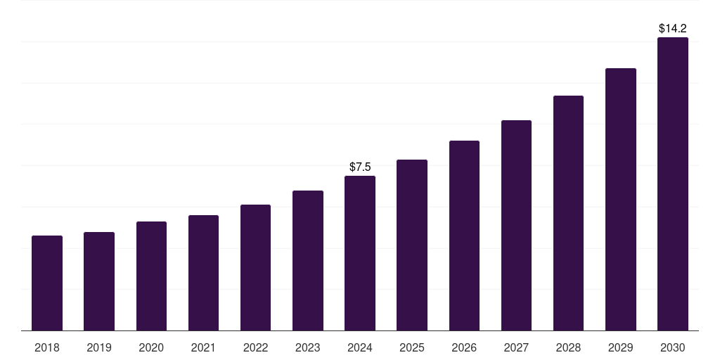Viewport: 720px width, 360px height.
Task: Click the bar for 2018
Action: click(x=47, y=283)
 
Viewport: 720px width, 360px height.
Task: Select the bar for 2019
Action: click(x=99, y=281)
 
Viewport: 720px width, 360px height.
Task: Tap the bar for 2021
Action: click(x=203, y=273)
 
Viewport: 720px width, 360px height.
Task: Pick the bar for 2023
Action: click(x=308, y=261)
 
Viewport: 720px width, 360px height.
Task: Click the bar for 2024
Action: click(x=360, y=253)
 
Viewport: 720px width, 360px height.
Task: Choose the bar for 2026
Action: click(x=464, y=236)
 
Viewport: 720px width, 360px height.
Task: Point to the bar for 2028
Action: click(x=568, y=213)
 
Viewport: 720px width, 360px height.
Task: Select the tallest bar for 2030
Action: click(x=673, y=184)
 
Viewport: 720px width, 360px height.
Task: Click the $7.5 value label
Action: click(x=360, y=167)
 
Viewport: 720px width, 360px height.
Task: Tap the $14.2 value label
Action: click(x=673, y=29)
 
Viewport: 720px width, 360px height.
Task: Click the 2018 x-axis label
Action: click(x=47, y=347)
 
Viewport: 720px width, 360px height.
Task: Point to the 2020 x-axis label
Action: click(x=151, y=347)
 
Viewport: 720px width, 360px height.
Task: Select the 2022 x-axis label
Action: click(x=255, y=347)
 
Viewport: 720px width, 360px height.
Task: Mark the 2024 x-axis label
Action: click(x=360, y=347)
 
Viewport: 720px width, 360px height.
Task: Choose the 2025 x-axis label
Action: click(x=412, y=347)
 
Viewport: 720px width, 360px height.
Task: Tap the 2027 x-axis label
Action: click(x=516, y=347)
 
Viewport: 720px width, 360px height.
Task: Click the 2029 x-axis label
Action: click(x=620, y=347)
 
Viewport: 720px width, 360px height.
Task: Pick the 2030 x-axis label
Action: click(x=673, y=347)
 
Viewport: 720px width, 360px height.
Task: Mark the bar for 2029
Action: click(x=620, y=200)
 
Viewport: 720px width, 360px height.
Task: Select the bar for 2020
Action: click(x=151, y=276)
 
